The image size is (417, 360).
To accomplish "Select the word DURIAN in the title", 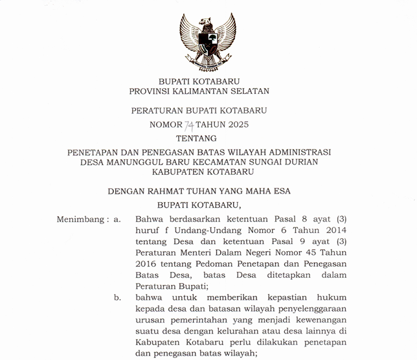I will (301, 162).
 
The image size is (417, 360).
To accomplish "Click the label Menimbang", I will (82, 219).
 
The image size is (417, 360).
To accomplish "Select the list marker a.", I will (117, 219).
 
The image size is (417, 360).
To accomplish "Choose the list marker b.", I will (117, 297).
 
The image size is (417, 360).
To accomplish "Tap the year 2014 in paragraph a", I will (333, 231).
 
